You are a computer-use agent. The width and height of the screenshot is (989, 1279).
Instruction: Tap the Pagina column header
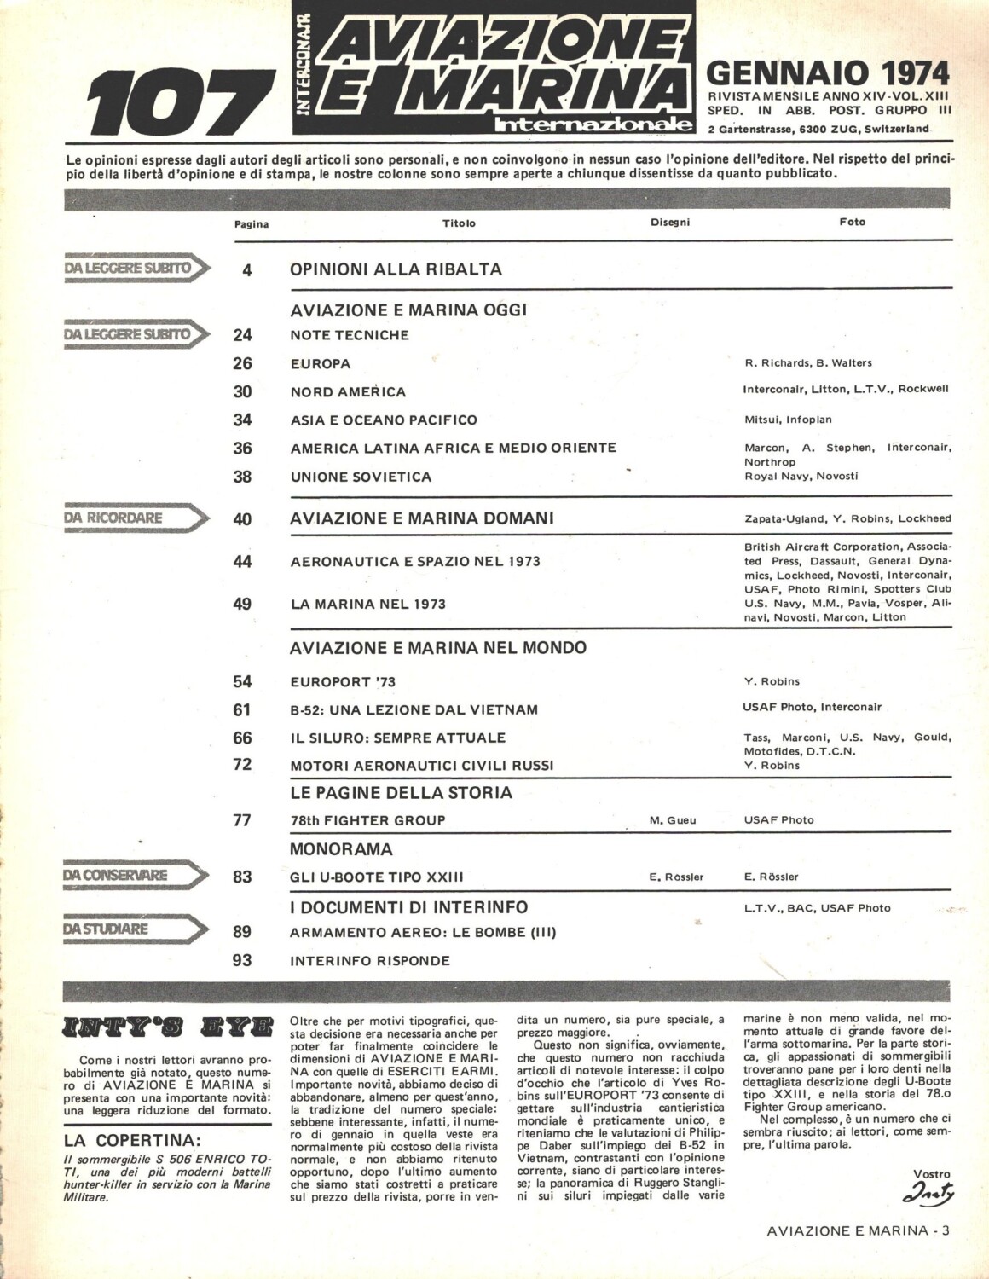click(251, 224)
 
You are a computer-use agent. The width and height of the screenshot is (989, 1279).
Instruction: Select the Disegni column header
click(669, 222)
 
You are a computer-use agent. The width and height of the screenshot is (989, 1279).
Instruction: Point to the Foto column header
click(852, 222)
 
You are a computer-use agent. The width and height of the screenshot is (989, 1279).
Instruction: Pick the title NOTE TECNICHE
click(350, 335)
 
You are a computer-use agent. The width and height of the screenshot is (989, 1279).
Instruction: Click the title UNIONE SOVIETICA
click(361, 477)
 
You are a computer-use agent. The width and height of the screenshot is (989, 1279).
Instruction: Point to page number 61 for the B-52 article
click(242, 709)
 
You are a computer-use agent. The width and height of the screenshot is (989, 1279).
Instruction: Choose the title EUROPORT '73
click(343, 681)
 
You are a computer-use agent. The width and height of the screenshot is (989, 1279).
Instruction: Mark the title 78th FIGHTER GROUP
click(368, 820)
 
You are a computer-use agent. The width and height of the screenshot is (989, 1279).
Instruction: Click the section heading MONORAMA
click(341, 849)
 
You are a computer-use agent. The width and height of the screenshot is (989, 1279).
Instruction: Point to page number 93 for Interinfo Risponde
click(242, 960)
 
